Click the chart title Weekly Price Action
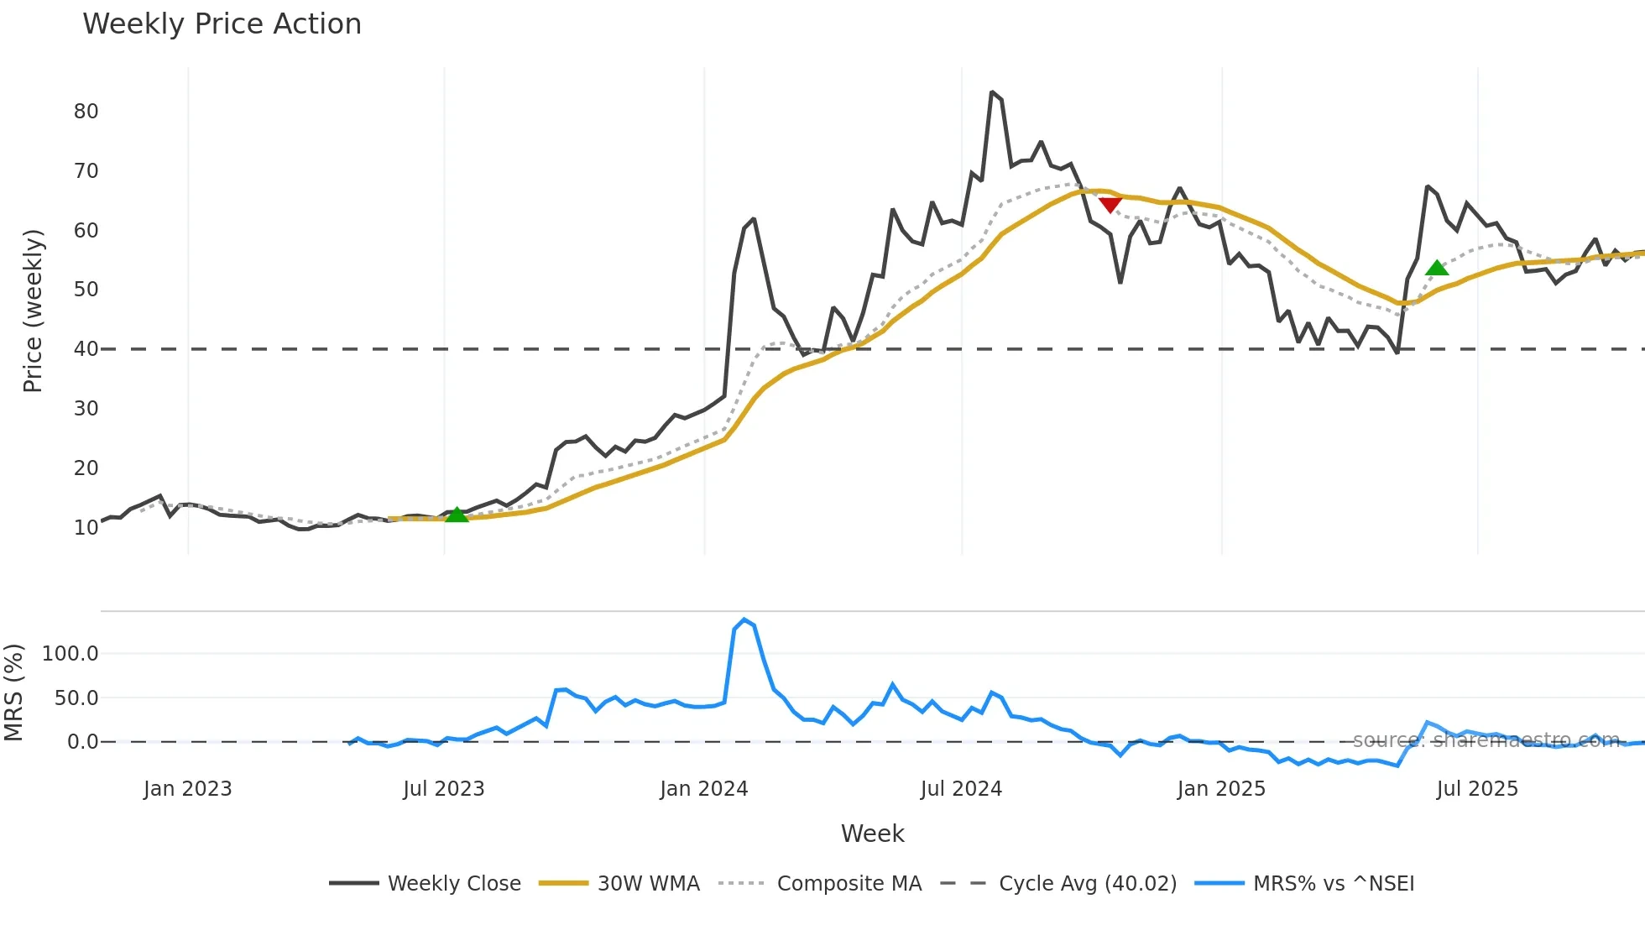tap(222, 24)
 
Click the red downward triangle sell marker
tap(1110, 205)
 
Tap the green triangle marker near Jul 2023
tap(456, 515)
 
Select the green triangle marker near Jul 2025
tap(1437, 269)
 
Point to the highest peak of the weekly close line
tap(992, 92)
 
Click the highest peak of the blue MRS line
tap(744, 619)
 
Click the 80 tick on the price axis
tap(86, 112)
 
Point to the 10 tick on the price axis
tap(86, 528)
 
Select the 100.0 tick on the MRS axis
tap(70, 654)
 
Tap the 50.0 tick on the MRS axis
tap(76, 698)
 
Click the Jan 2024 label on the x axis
tap(703, 789)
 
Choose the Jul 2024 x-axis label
tap(961, 789)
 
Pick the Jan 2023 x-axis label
tap(187, 789)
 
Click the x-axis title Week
tap(872, 834)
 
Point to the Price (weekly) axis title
tap(32, 311)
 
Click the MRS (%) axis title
tap(13, 692)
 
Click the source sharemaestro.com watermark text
tap(1486, 740)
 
